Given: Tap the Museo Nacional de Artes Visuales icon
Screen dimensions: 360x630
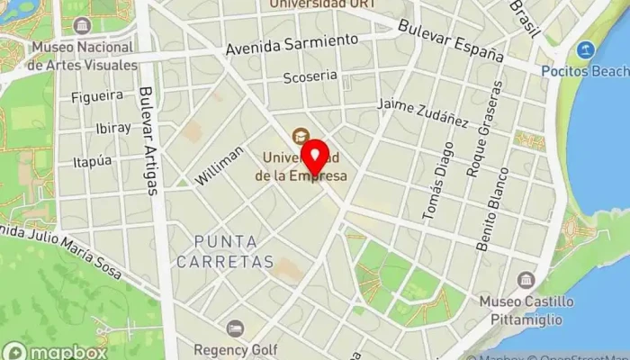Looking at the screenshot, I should click(x=82, y=25).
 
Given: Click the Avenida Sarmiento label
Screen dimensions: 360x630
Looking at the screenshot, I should click(x=292, y=44).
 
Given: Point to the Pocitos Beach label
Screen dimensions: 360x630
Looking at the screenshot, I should click(x=585, y=70).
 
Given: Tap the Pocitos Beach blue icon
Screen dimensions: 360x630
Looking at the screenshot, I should click(x=586, y=49).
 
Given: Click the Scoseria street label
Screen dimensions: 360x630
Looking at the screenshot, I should click(x=310, y=77).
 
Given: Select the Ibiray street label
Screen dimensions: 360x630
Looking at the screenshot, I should click(x=112, y=128).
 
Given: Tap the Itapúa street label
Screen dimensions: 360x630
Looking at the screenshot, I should click(x=93, y=161).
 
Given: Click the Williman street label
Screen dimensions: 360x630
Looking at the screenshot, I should click(x=220, y=165).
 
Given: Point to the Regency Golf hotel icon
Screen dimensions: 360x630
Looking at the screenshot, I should click(x=235, y=328).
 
